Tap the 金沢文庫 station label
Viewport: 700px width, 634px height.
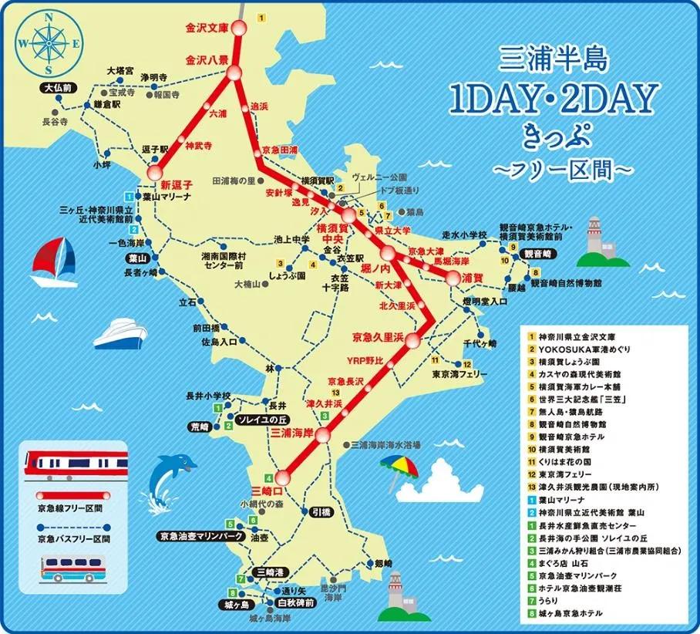(x=207, y=28)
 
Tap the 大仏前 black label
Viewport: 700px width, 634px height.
(x=58, y=89)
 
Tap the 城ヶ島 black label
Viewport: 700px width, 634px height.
(x=234, y=604)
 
